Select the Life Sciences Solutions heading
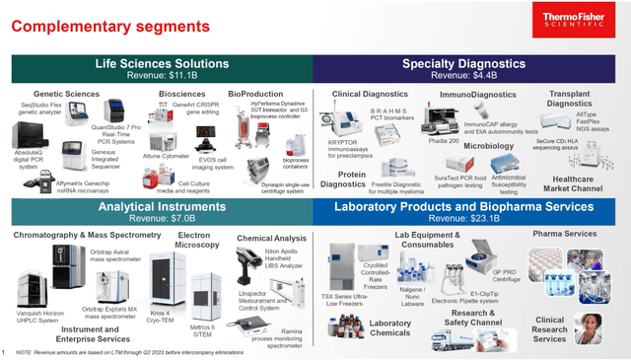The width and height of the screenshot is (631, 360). (x=162, y=63)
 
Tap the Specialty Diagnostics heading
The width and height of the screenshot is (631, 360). (x=471, y=63)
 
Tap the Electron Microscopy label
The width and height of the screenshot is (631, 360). (x=197, y=241)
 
